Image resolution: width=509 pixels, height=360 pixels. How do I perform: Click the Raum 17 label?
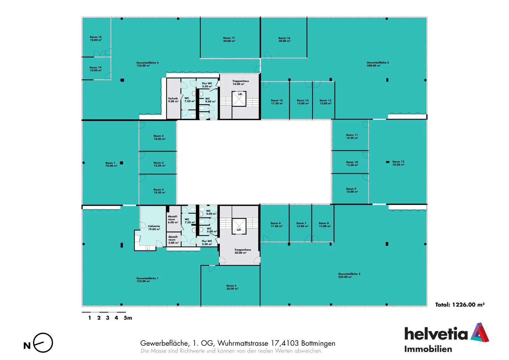coord(229,39)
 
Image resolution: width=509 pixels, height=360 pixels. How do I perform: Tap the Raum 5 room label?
coord(232,287)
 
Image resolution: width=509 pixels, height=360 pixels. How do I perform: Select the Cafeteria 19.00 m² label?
coord(154,228)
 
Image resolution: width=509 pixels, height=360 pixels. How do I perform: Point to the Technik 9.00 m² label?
coord(173,100)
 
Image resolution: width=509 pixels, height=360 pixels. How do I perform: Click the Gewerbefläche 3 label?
coord(378,64)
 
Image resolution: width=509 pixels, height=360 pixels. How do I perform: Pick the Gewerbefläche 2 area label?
coord(349,275)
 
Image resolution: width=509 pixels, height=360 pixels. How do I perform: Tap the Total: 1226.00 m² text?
coord(460,305)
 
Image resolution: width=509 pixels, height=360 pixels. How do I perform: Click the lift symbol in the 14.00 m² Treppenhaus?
coord(239,99)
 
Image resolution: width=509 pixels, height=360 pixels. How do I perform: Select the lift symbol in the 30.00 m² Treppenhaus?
coord(239,226)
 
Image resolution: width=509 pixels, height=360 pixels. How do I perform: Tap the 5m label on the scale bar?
coord(128,318)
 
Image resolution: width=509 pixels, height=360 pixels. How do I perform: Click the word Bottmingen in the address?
coord(318,343)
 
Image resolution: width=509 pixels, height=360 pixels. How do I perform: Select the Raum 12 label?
coord(398,163)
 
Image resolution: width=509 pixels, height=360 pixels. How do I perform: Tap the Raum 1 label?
coord(111,164)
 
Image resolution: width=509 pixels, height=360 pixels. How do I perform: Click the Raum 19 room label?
coord(96,69)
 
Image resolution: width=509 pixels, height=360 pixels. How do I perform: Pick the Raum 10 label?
coord(352,163)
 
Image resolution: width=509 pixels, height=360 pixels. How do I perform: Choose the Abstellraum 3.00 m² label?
coord(173,239)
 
